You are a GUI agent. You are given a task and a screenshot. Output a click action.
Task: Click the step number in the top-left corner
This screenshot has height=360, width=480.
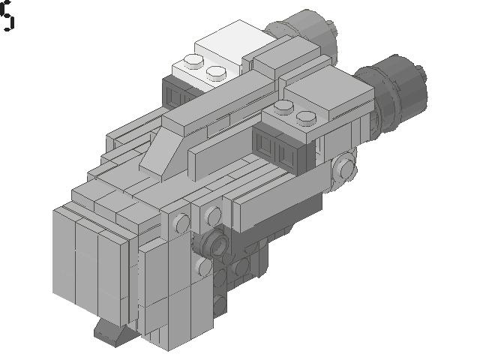point(7,16)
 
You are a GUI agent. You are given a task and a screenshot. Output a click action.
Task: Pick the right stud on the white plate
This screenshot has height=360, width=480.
point(216,72)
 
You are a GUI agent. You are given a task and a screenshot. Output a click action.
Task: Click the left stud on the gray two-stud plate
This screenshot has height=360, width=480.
point(283,108)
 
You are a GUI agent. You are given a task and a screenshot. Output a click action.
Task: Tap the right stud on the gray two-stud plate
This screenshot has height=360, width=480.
point(305,116)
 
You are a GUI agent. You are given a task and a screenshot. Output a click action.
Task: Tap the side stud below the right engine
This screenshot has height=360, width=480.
point(345,169)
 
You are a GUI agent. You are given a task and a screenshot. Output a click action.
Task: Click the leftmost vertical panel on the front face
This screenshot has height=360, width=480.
point(64,255)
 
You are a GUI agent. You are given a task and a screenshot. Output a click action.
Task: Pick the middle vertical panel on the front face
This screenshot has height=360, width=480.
point(87,262)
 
